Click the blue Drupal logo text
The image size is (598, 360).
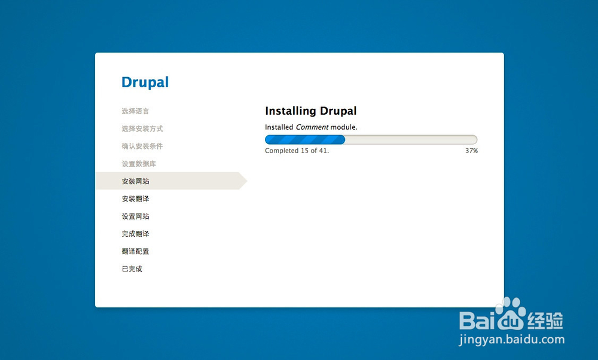click(145, 83)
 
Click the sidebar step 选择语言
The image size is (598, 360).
click(135, 111)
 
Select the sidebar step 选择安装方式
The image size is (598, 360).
click(142, 129)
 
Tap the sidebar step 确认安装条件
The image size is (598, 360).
click(142, 146)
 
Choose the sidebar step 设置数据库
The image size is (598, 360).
click(139, 164)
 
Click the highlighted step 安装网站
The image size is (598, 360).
click(135, 181)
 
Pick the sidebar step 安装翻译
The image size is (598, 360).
click(135, 199)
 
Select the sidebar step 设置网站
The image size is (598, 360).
click(135, 216)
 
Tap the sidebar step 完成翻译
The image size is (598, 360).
click(135, 234)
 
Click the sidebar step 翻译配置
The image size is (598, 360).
click(135, 251)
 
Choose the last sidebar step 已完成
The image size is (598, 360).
click(132, 269)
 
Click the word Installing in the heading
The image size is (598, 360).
click(291, 111)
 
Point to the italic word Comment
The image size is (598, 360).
click(312, 127)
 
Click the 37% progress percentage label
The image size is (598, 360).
click(471, 151)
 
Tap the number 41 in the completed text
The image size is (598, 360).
click(323, 151)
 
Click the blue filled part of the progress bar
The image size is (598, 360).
click(305, 139)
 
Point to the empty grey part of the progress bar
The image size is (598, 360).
click(411, 139)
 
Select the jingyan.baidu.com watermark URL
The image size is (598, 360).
click(512, 340)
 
